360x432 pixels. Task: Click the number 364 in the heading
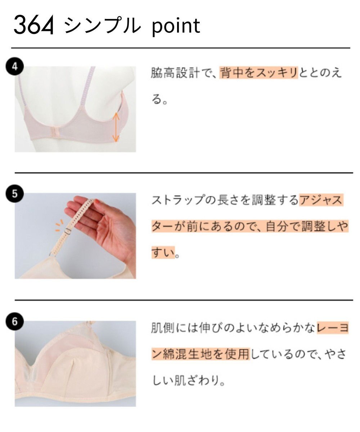33,26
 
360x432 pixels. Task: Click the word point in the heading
175,26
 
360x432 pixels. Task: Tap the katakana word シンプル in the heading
102,26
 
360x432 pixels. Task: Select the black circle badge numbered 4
14,67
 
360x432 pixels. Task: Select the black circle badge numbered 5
14,194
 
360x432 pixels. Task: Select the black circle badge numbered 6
14,321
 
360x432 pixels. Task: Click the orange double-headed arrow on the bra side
116,127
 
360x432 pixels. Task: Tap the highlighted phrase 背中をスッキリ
258,73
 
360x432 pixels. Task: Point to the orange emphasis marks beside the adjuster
58,225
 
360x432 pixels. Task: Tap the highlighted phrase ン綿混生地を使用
200,354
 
